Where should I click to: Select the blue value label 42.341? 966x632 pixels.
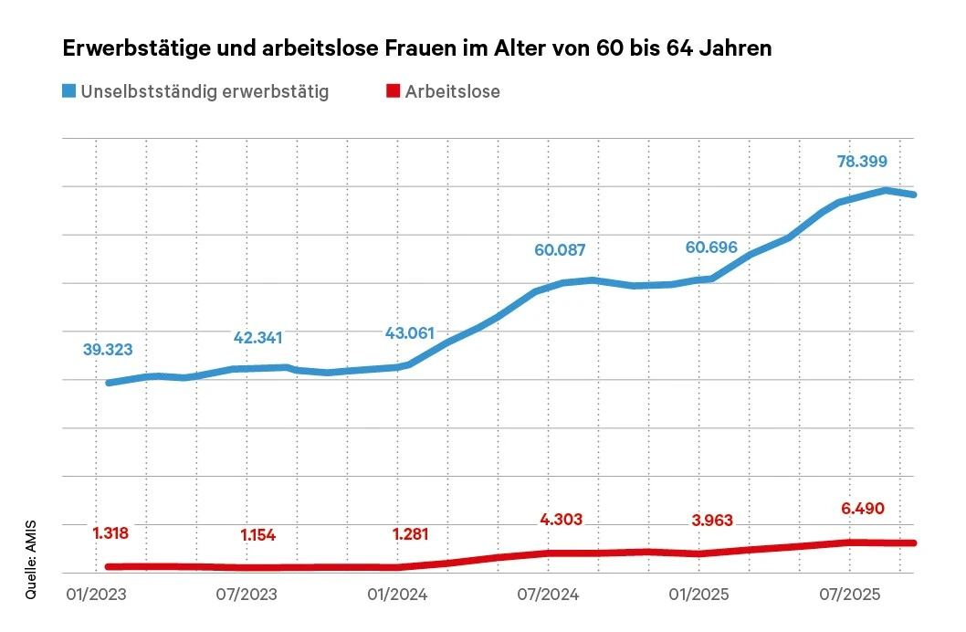[258, 338]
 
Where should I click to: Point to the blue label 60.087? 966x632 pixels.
[561, 250]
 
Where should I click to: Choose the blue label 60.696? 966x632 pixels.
[711, 248]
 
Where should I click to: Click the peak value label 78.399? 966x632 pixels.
[862, 162]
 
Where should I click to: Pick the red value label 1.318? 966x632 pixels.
[110, 532]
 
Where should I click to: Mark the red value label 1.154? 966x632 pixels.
[257, 535]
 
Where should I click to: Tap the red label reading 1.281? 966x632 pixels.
[410, 533]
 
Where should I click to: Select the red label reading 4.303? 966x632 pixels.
[561, 519]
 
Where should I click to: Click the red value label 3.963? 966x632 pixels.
[711, 521]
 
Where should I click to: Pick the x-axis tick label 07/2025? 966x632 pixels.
[848, 595]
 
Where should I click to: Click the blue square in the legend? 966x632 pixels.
[68, 91]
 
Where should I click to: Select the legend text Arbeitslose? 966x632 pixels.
[453, 91]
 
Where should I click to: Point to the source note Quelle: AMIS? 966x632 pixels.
[31, 556]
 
